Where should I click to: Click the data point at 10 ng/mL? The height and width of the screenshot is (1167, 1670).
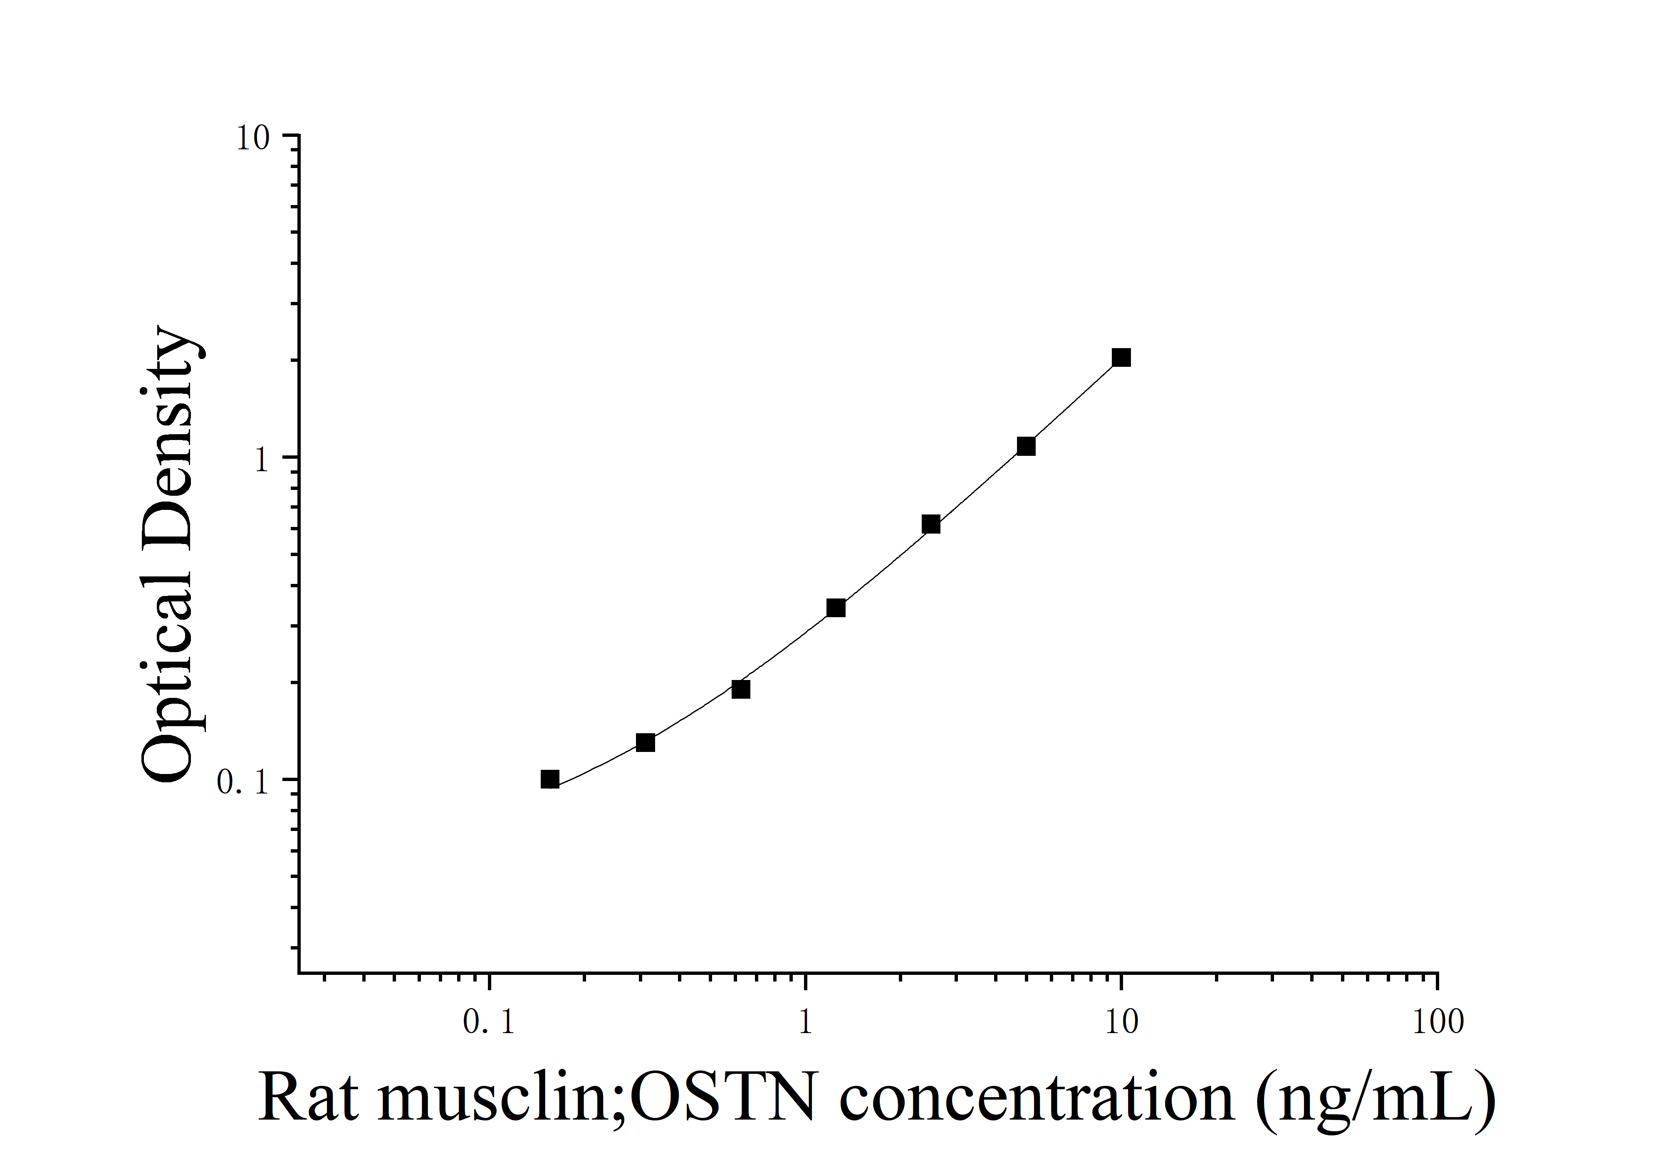(x=1121, y=358)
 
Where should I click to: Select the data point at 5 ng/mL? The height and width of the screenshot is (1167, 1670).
(x=1026, y=446)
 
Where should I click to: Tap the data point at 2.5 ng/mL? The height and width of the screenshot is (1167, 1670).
(x=930, y=524)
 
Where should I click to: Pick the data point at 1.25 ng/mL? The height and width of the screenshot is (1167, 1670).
(x=836, y=608)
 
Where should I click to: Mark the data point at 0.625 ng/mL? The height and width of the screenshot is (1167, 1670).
(x=740, y=689)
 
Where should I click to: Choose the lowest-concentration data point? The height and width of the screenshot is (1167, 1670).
(x=550, y=779)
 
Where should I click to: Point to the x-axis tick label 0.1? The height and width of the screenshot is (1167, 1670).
(x=489, y=1022)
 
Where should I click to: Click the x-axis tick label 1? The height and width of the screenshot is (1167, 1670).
(x=805, y=1022)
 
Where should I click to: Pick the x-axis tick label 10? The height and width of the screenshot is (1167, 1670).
(x=1121, y=1022)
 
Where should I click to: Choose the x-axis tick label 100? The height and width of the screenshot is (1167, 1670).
(x=1437, y=1022)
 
